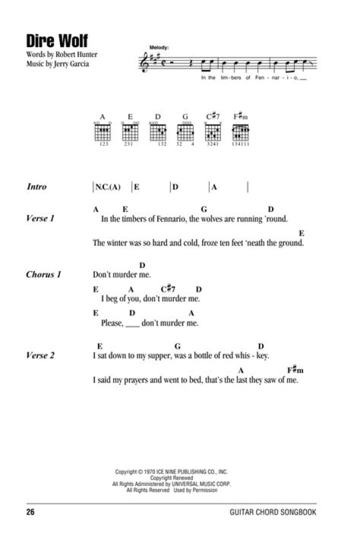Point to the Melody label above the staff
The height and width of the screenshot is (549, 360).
[159, 47]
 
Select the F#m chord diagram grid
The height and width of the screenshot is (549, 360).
[241, 132]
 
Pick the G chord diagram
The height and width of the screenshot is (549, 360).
[185, 132]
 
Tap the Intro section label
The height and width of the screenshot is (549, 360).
[36, 187]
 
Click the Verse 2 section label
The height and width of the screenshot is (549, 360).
[39, 355]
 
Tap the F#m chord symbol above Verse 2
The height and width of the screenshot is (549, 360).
[295, 370]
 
